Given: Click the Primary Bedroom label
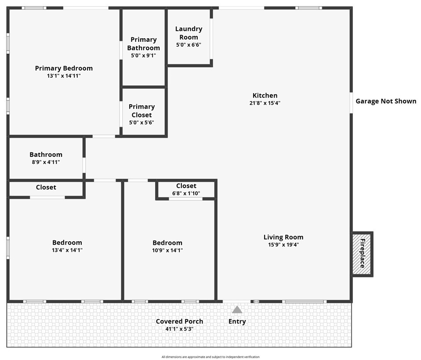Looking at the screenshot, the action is [64, 68].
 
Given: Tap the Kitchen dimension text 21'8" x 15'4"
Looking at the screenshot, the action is [265, 103].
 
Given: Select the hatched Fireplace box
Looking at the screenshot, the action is [362, 254].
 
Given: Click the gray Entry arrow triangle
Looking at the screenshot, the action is [237, 309].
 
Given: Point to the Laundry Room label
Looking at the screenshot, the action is [189, 33].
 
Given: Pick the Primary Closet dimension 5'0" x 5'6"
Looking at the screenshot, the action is [142, 123].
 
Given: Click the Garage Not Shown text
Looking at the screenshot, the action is [386, 101].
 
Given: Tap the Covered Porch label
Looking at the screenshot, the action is [179, 321].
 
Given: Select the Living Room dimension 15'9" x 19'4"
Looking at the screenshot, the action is [283, 245].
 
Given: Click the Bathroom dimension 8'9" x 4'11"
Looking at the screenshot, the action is [46, 162].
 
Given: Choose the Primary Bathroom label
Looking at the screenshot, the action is [143, 44].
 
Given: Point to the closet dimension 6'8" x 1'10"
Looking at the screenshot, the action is [186, 193].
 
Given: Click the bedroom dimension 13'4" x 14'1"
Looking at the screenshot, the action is [67, 250].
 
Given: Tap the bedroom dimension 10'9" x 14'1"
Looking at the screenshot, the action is [167, 251].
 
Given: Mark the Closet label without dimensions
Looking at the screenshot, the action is [46, 187].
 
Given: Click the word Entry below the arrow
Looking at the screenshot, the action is [237, 322].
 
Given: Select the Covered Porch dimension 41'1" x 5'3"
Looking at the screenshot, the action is [179, 329].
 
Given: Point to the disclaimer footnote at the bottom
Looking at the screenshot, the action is [210, 357].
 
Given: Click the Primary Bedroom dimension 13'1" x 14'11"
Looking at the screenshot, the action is [64, 76].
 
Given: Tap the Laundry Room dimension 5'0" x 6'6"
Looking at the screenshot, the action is [189, 45].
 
